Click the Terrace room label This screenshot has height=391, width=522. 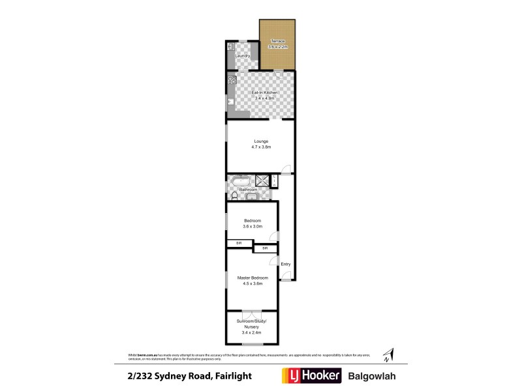[278, 41]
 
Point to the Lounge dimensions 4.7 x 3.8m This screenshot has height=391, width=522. [261, 147]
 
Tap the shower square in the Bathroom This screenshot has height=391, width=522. [262, 181]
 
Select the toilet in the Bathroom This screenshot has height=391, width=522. [234, 195]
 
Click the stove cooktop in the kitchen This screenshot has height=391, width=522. [232, 81]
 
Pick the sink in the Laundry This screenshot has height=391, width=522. [231, 47]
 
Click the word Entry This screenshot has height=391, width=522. [285, 264]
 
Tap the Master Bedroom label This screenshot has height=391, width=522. [252, 278]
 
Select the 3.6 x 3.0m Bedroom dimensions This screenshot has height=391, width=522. [252, 226]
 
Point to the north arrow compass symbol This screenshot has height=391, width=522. [387, 355]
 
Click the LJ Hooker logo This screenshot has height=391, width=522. [311, 376]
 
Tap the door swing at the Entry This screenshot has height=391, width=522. [286, 276]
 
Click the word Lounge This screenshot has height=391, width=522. [261, 141]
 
